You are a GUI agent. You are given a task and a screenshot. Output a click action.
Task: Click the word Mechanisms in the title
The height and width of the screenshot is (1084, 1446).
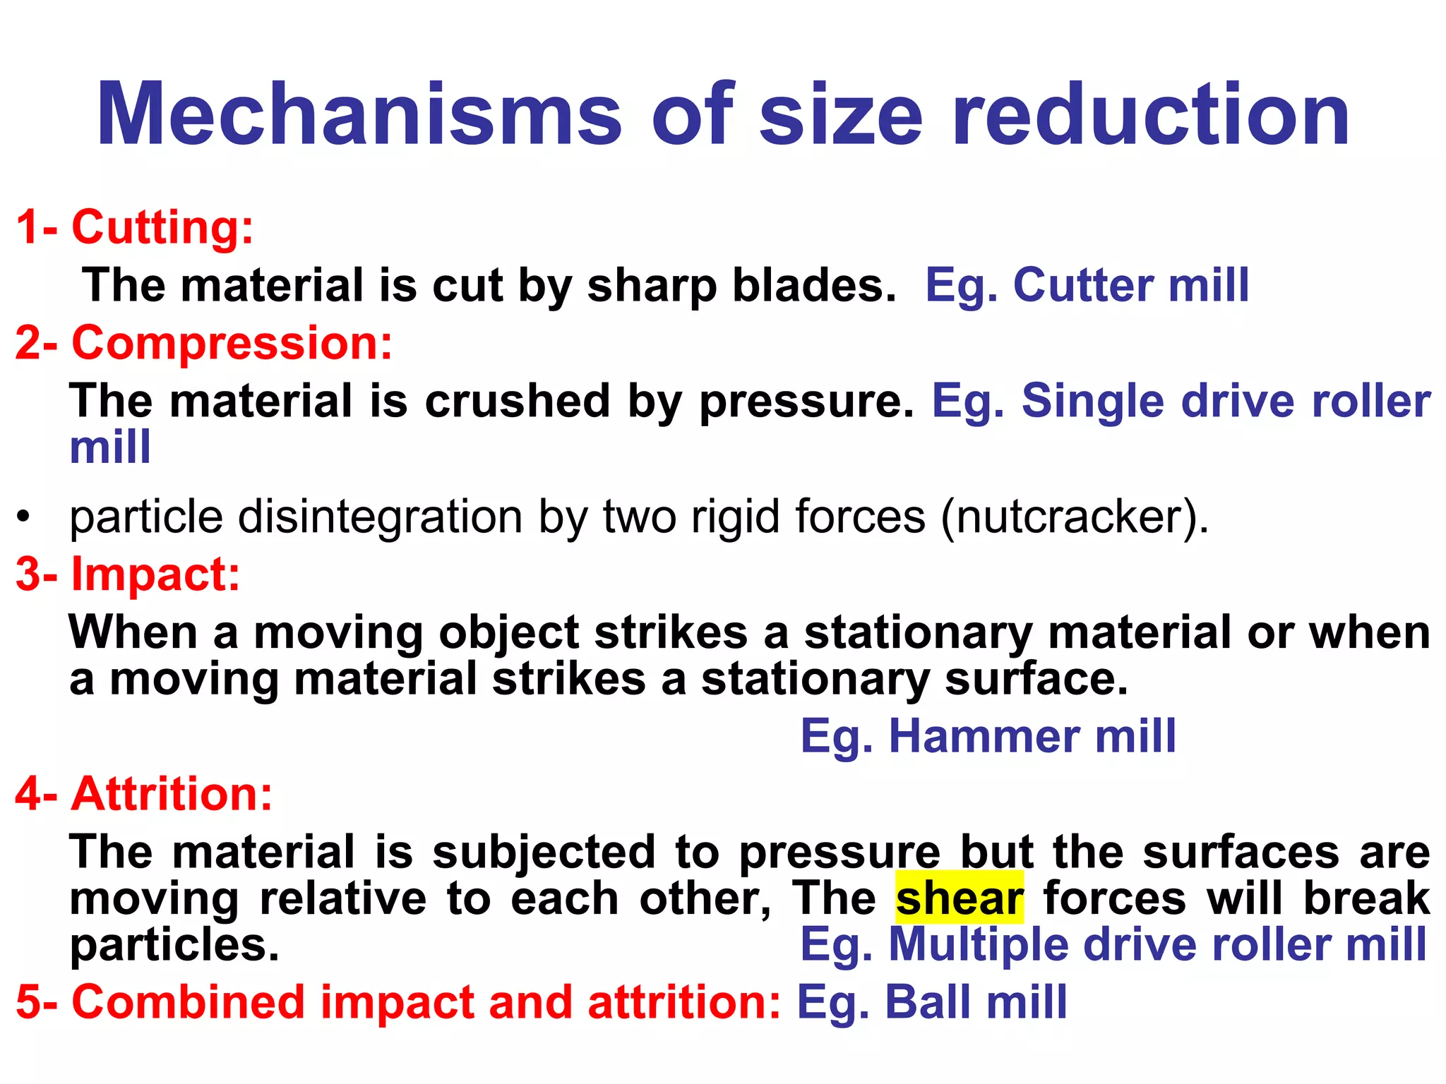pos(359,114)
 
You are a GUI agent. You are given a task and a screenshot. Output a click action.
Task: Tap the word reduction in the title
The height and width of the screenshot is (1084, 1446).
pos(1151,114)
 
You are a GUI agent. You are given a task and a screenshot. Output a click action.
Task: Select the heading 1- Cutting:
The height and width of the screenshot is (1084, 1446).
pos(134,227)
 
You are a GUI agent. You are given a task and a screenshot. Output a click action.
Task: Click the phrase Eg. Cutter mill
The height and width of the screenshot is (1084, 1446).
pos(1087,285)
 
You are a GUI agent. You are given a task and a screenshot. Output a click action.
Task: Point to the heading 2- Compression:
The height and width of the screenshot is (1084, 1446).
pos(203,343)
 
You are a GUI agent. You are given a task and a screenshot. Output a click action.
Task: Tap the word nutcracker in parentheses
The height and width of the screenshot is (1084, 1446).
pos(1071,517)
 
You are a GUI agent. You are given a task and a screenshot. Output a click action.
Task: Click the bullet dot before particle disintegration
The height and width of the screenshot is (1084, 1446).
pos(24,517)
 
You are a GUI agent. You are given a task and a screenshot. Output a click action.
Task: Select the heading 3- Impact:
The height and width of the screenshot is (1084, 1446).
pos(128,574)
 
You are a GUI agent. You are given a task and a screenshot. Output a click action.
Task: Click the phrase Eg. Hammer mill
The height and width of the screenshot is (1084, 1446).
pos(988,737)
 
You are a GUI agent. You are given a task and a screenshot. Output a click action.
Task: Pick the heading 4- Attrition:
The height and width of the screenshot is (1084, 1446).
pos(144,794)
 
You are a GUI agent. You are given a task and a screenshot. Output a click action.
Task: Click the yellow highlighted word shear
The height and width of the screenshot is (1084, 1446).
pos(959,898)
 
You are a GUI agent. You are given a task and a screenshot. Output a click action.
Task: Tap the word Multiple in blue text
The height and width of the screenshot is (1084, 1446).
pos(978,944)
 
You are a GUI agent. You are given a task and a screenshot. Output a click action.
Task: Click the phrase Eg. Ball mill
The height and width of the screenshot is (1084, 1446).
pos(932,1002)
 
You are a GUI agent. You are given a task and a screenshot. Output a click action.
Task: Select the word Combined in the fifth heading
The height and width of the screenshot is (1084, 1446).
pos(188,1002)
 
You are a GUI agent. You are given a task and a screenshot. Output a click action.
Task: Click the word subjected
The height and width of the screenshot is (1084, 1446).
pos(544,853)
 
